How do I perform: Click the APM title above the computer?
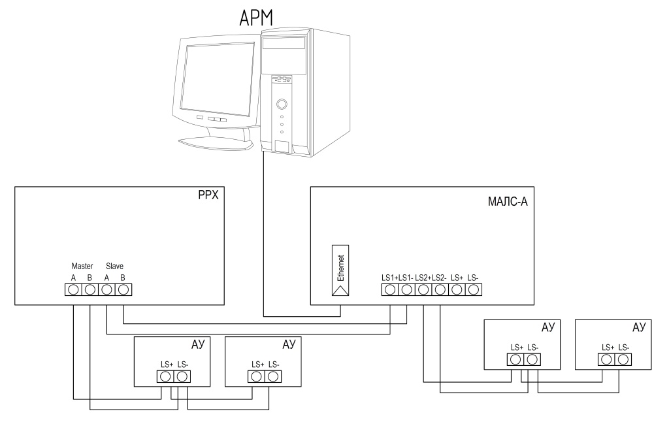click(256, 18)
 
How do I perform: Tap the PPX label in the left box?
click(208, 195)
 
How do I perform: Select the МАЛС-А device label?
click(508, 201)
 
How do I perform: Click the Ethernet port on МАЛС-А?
click(340, 270)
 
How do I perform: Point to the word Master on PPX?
click(82, 267)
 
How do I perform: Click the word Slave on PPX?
click(114, 267)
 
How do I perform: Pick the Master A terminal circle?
click(73, 290)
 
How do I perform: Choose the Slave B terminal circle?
click(123, 290)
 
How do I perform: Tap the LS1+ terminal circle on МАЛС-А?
click(390, 290)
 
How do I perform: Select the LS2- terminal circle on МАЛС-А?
click(440, 290)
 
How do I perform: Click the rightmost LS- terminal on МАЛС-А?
click(473, 290)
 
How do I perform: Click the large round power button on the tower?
click(282, 104)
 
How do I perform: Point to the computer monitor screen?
click(217, 78)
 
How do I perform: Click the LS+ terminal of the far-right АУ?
click(606, 360)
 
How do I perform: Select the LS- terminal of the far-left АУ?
click(182, 376)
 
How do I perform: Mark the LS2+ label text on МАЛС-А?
click(423, 278)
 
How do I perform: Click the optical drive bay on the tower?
click(284, 42)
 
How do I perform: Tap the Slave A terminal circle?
click(106, 290)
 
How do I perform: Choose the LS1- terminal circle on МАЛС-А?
click(406, 290)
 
